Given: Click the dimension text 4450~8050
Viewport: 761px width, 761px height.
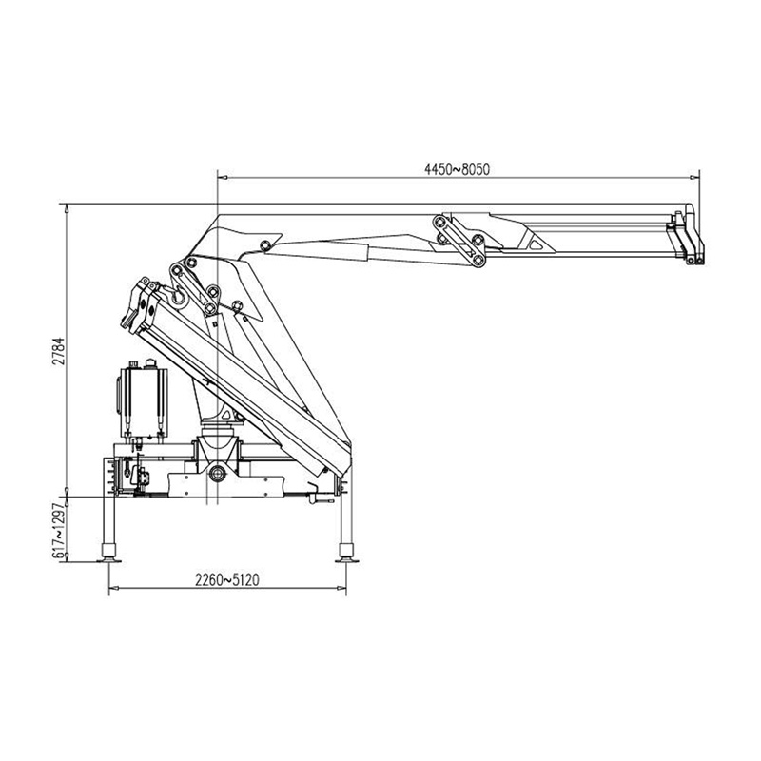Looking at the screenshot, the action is point(458,169).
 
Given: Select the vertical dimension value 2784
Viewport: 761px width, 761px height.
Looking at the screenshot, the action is point(59,351).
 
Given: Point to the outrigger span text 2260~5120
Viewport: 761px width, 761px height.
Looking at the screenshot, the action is point(227,580).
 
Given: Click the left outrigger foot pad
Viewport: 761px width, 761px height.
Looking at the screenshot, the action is point(108,560).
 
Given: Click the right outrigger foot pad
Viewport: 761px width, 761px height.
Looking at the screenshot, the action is point(346,560).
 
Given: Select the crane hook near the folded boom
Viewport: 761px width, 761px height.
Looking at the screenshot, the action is point(178,295).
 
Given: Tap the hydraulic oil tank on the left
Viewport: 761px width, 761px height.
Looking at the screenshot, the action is point(142,401).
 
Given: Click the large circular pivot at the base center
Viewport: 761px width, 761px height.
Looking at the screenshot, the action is point(218,473).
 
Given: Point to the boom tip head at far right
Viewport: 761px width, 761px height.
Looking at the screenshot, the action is point(690,235).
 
